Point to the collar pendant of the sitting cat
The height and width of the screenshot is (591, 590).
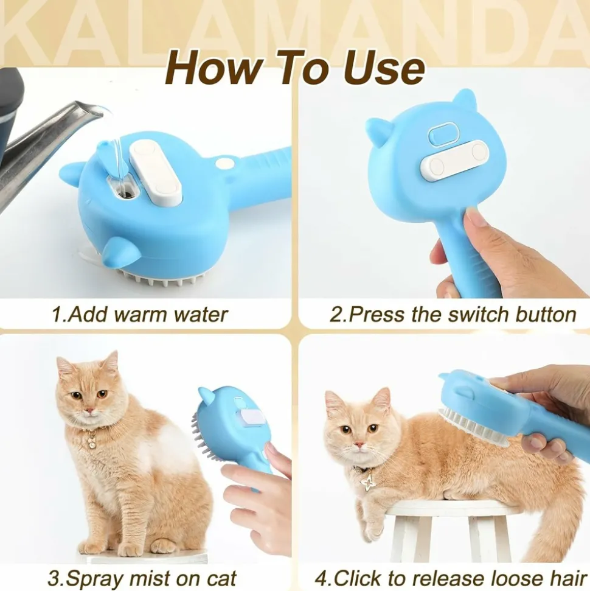(92, 442)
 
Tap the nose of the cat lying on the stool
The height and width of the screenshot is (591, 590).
(359, 445)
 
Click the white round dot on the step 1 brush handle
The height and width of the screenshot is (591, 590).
(223, 163)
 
